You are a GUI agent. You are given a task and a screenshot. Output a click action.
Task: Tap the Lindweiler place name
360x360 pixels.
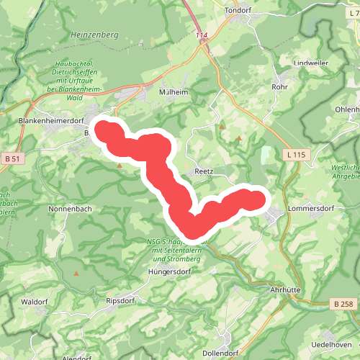310,63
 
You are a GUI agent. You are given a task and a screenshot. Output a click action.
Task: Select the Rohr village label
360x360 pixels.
279,88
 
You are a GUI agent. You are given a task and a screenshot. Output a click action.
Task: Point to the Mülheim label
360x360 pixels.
174,92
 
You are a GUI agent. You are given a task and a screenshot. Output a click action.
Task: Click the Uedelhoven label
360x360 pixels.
330,345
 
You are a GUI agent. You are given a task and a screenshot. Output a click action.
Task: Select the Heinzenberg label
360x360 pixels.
94,34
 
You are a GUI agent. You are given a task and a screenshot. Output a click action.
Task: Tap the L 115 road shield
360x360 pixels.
296,155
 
